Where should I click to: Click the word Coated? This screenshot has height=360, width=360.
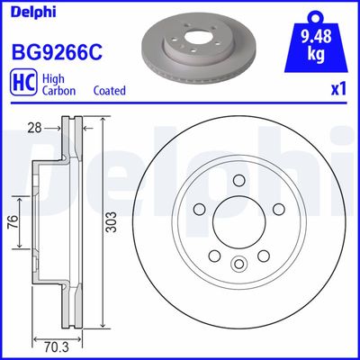point(109,92)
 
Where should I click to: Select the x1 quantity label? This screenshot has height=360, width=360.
point(337,91)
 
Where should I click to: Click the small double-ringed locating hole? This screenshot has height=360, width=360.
point(238,264)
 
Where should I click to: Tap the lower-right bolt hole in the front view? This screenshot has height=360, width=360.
point(262,256)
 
